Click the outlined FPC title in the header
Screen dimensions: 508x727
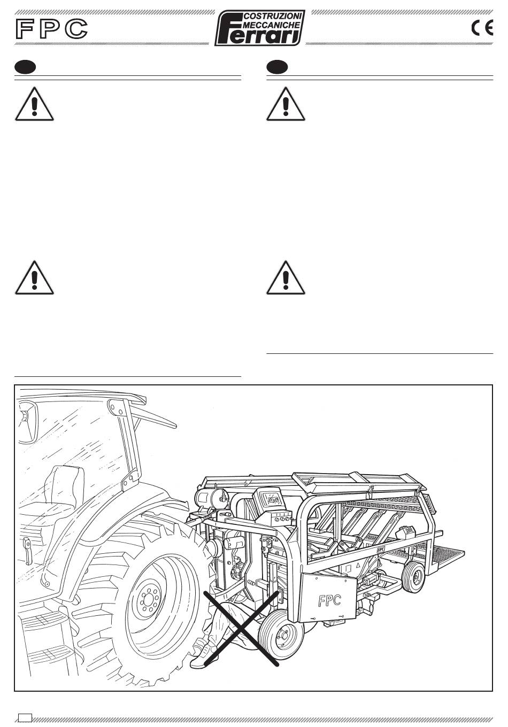coord(52,28)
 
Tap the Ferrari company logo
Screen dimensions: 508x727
coord(260,27)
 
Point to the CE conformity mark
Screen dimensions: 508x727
coord(482,28)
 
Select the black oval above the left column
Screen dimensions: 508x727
coord(25,67)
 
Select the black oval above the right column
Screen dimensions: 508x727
coord(277,67)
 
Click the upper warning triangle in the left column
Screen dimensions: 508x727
coord(34,104)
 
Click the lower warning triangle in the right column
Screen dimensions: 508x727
coord(286,278)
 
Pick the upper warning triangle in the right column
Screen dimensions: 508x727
coord(286,104)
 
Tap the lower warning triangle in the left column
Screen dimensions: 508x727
coord(34,278)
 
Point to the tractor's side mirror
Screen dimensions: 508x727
coord(28,422)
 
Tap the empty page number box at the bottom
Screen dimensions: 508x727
coord(25,717)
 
